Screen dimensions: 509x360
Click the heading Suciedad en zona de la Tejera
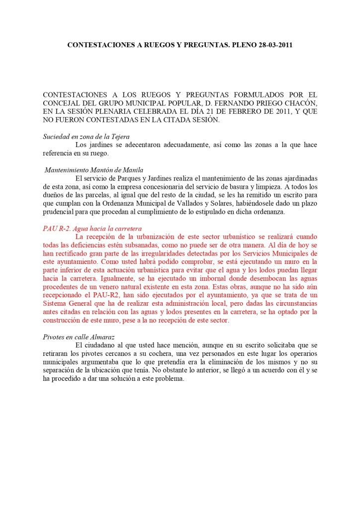point(87,136)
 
